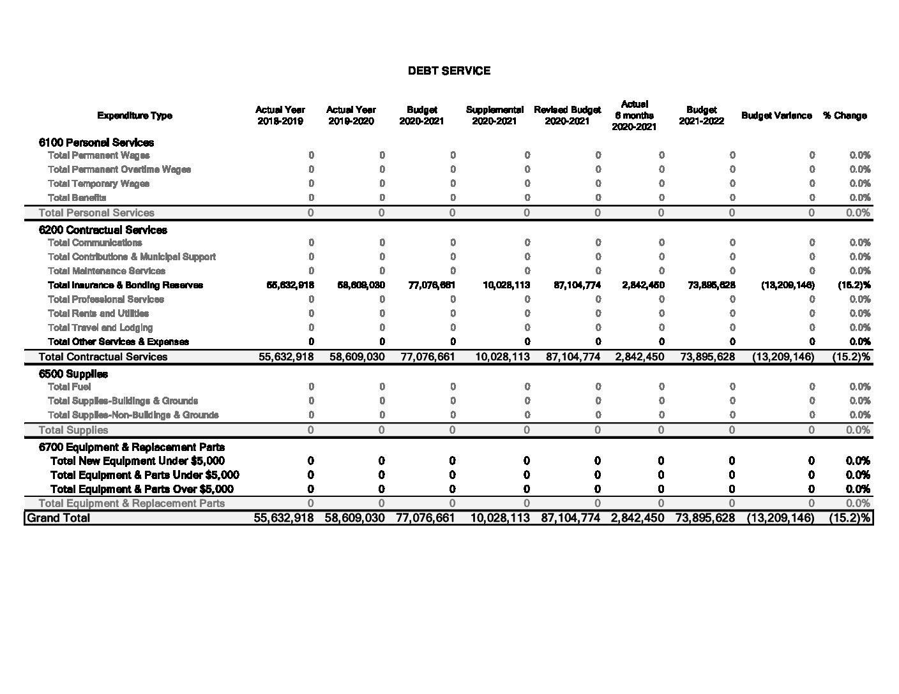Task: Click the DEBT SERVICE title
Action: point(449,71)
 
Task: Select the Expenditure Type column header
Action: point(134,115)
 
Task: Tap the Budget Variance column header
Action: point(776,115)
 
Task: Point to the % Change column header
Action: point(845,115)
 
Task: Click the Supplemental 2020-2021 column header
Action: point(495,115)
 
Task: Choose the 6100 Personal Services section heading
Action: point(96,142)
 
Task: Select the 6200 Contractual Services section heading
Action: point(103,230)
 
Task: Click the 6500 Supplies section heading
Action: point(73,374)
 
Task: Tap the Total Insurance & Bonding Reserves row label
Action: point(125,285)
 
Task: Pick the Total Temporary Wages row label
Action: point(98,184)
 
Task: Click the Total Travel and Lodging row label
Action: point(100,327)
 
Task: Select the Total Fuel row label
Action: point(69,387)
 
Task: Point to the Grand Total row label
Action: point(58,518)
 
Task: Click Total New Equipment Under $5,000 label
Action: point(137,461)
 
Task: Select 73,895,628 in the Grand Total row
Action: point(704,518)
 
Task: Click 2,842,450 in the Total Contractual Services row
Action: point(639,357)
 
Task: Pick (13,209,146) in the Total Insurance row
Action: point(787,285)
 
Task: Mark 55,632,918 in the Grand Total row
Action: point(283,518)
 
